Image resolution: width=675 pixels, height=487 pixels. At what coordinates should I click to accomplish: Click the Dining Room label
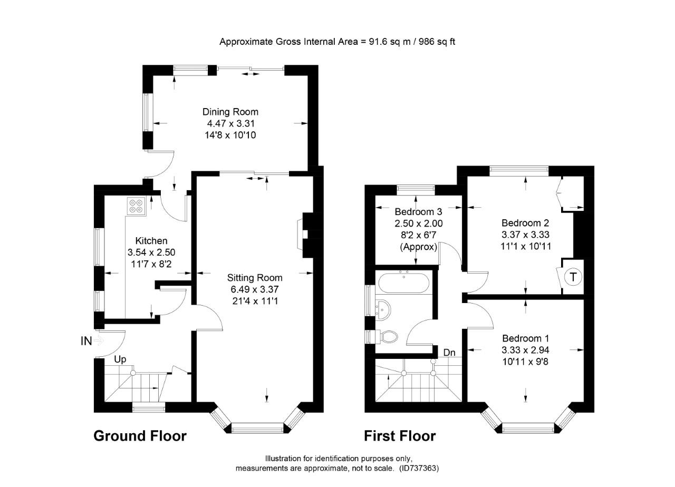[230, 112]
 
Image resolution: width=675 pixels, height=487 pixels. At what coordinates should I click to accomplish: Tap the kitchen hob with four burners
[136, 206]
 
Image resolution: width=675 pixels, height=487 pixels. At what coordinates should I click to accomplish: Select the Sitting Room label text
[255, 278]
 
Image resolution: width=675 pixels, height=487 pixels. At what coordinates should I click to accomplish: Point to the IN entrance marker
[86, 341]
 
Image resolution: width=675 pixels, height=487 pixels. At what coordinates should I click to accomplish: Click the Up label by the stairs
[121, 359]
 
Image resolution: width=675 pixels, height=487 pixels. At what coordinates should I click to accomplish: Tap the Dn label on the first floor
[449, 352]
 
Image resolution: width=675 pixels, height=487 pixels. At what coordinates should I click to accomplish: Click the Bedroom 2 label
[526, 222]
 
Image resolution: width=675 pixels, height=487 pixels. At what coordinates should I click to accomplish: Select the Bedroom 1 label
[526, 338]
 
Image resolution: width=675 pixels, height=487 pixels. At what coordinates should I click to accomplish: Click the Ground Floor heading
[140, 436]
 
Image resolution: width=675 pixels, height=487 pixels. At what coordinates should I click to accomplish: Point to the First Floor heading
[400, 436]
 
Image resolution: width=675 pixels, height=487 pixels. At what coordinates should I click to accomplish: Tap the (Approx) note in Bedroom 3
[419, 247]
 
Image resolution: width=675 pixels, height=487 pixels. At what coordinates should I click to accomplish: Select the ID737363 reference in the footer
[419, 468]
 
